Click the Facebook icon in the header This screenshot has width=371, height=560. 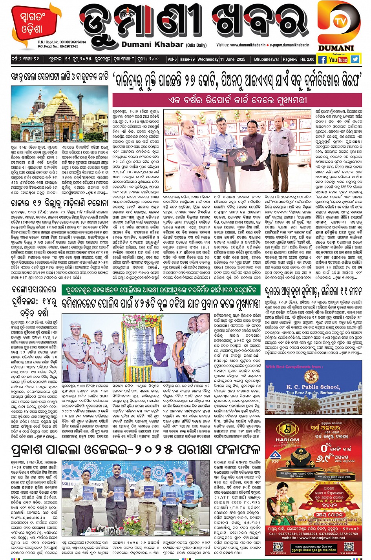click(322, 60)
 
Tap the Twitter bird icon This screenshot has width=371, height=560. click(355, 59)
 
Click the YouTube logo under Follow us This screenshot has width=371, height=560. click(338, 60)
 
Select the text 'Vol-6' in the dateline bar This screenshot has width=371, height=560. click(172, 59)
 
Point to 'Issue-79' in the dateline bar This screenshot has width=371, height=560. click(187, 59)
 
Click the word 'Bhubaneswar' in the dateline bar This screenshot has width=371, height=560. click(267, 59)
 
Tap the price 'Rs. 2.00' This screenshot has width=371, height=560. click(307, 59)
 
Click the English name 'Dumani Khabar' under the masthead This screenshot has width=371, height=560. click(152, 44)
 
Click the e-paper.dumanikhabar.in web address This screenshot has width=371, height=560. click(290, 45)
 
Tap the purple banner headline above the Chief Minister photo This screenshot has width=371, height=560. click(237, 100)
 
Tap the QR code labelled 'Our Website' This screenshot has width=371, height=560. click(278, 546)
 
